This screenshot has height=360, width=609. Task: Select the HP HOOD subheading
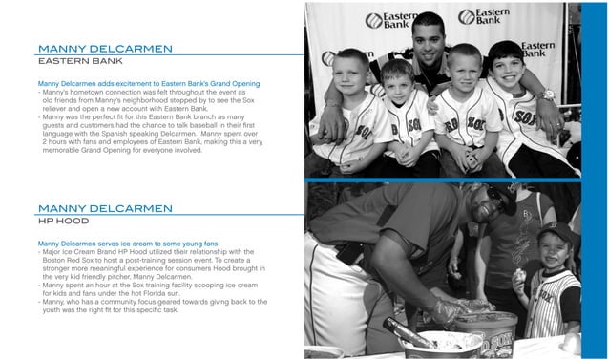(x=64, y=222)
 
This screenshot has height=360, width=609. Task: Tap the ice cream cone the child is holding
(x=520, y=276)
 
